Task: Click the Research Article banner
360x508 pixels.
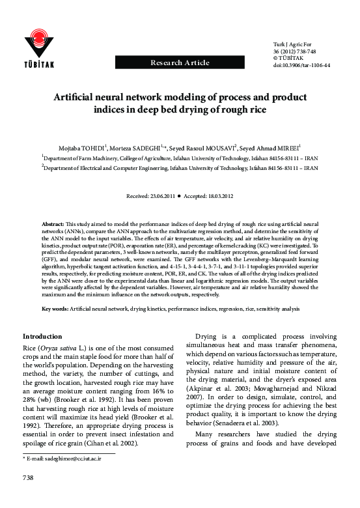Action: (x=180, y=63)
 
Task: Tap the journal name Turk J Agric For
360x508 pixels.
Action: (x=289, y=42)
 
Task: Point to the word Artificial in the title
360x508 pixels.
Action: (x=78, y=97)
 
